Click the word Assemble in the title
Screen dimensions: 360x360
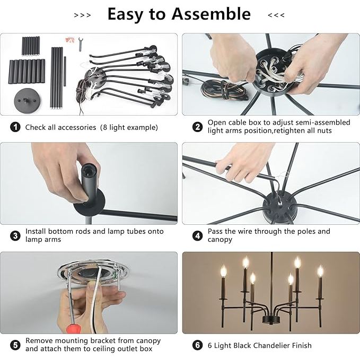pos(211,14)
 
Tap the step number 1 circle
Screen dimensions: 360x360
pos(15,127)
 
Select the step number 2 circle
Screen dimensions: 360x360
pos(197,127)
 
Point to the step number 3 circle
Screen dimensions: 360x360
pos(15,236)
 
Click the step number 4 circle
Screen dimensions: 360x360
pos(197,236)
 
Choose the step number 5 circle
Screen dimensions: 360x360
pos(15,345)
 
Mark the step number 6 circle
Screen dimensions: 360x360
pos(197,345)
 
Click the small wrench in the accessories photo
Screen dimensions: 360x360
pos(81,44)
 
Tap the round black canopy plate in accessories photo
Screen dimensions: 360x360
pos(27,100)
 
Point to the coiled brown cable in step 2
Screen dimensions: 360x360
pos(224,90)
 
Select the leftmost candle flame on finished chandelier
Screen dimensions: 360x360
pos(223,271)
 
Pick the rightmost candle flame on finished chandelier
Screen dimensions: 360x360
pos(320,271)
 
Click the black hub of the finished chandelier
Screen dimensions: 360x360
pos(271,319)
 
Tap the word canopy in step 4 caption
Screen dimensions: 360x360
pos(219,240)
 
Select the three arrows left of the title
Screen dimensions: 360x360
pos(82,15)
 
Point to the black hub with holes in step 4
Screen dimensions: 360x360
pos(280,208)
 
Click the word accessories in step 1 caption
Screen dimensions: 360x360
pos(78,127)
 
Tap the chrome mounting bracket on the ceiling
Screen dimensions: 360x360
pos(93,271)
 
